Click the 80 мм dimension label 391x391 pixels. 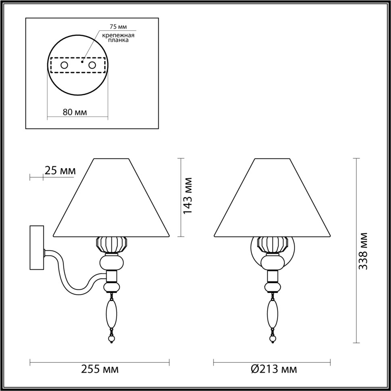coord(75,112)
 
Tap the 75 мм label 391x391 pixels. coord(119,27)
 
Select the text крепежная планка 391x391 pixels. coord(118,38)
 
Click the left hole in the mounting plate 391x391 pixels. coord(64,65)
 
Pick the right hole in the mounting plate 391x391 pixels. coord(92,65)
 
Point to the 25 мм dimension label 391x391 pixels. coord(60,171)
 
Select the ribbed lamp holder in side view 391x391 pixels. coord(112,245)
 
